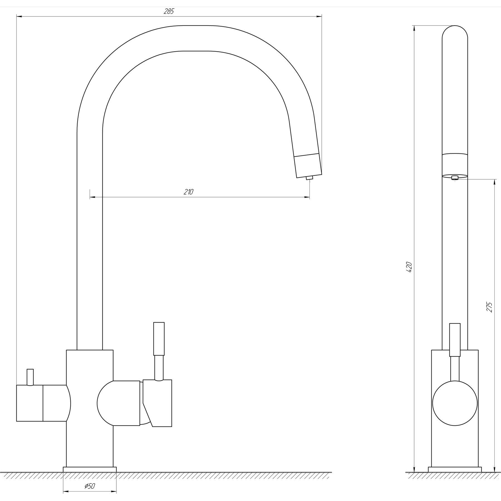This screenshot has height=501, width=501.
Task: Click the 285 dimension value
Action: [x=169, y=11]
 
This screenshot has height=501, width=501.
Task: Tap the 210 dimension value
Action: [x=188, y=192]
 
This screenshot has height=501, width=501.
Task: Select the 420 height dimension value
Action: [x=409, y=267]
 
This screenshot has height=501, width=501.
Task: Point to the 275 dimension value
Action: [x=490, y=307]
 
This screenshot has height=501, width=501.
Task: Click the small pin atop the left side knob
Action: [x=30, y=377]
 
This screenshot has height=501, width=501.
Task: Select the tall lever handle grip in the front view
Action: [x=159, y=339]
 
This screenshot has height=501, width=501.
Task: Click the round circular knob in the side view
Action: [x=455, y=403]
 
